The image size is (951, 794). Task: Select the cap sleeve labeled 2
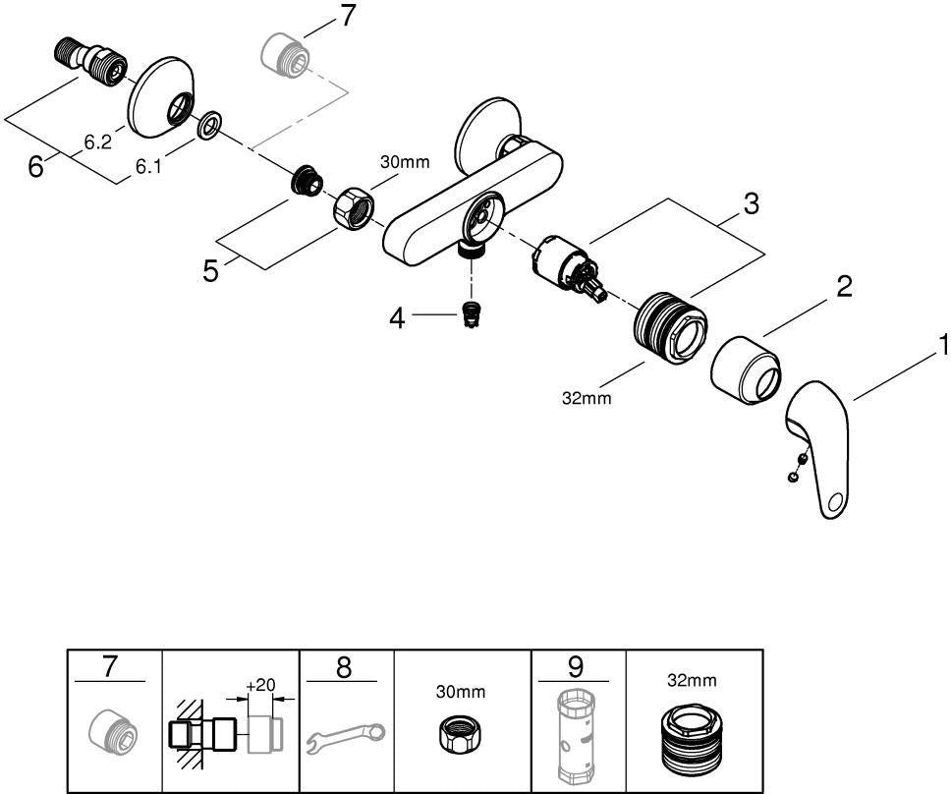tap(746, 369)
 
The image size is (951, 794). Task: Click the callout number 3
tap(751, 203)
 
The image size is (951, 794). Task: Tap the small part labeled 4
tap(468, 313)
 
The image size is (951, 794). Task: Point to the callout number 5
tap(210, 270)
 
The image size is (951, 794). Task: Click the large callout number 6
tap(35, 166)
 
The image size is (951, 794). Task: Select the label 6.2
tap(97, 142)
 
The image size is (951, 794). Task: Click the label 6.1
tap(148, 167)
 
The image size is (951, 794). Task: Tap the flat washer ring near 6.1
tap(209, 126)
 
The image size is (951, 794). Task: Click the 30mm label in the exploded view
tap(405, 162)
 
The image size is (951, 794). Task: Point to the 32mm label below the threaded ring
tap(587, 398)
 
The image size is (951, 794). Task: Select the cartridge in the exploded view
tap(568, 265)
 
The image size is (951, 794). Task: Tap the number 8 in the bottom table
tap(343, 668)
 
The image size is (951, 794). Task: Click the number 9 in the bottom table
tap(575, 666)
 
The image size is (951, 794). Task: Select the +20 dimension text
tap(260, 685)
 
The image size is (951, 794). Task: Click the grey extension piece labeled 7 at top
tap(286, 56)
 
